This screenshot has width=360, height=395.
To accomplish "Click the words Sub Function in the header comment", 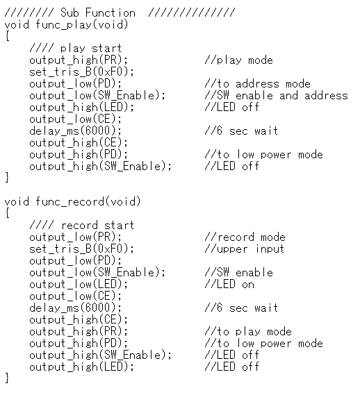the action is tap(98, 12).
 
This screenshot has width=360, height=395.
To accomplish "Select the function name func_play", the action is tap(63, 25).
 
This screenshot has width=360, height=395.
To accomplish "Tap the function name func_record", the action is tap(69, 202).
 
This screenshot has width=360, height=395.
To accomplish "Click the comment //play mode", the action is tap(238, 60).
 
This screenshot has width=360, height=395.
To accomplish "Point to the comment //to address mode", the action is tap(257, 84).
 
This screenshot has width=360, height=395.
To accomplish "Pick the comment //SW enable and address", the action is tap(276, 96).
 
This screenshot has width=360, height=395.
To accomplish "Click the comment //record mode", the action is tap(245, 237).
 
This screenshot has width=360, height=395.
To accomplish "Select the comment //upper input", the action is tap(245, 249).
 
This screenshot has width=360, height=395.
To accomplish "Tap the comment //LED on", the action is tap(229, 285).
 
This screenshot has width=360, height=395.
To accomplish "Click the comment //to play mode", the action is tap(248, 332).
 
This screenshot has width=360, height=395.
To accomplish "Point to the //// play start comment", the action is tap(76, 49).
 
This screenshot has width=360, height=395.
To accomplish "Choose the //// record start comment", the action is tap(81, 226).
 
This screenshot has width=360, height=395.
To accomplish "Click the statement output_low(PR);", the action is tap(76, 237).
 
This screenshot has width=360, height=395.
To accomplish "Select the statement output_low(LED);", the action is tap(79, 285).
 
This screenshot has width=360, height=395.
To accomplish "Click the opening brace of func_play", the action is tap(8, 36).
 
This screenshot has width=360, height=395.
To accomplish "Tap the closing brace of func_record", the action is tap(8, 378).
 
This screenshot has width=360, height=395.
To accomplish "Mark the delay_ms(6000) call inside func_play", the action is tap(76, 131).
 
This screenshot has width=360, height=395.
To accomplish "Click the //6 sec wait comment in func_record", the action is tap(241, 308).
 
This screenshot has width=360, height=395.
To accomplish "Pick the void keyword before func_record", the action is tap(17, 202).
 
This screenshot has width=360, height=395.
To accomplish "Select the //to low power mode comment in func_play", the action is tap(263, 155).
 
